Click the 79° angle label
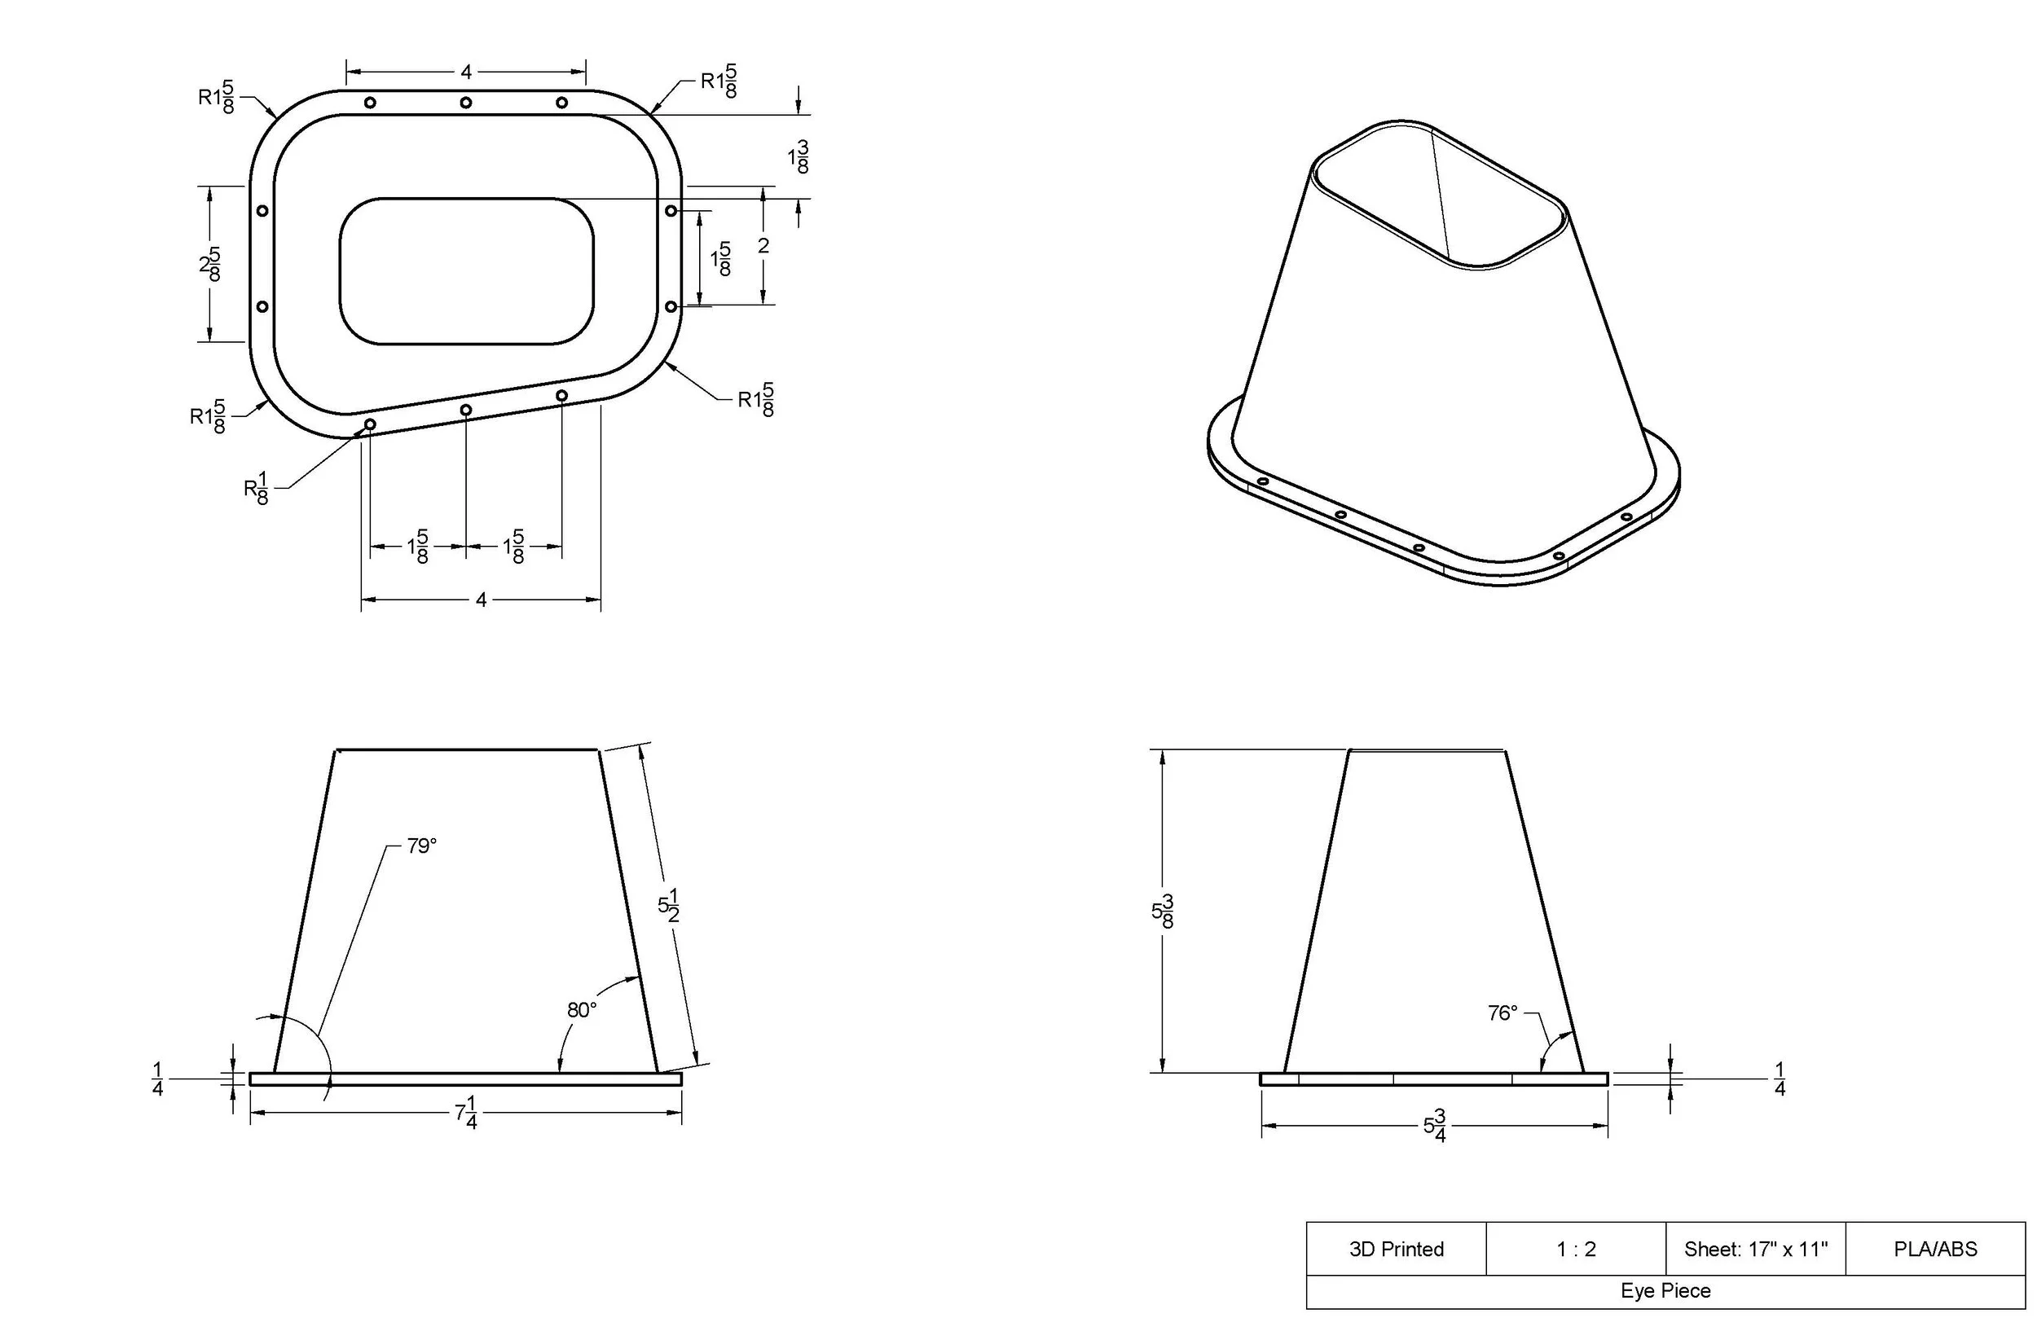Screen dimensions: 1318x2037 coord(421,846)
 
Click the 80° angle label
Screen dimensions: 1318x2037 coord(581,1011)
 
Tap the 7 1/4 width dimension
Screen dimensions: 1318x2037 coord(465,1115)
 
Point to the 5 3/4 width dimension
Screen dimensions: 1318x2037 coord(1435,1127)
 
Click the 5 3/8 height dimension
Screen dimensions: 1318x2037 coord(1162,912)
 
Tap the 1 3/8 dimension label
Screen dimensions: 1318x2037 coord(799,157)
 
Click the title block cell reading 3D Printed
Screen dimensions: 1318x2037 coord(1396,1250)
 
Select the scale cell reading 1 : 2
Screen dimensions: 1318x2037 coord(1576,1250)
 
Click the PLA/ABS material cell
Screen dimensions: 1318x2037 coord(1935,1250)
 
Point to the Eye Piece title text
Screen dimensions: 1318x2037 coord(1665,1290)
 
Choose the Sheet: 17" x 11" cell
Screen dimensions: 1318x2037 coord(1755,1250)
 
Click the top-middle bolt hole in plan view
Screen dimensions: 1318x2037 coord(465,103)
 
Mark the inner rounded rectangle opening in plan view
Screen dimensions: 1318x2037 coord(466,271)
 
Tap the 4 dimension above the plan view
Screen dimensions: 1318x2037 coord(465,72)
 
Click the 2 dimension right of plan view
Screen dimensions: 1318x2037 coord(763,247)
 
